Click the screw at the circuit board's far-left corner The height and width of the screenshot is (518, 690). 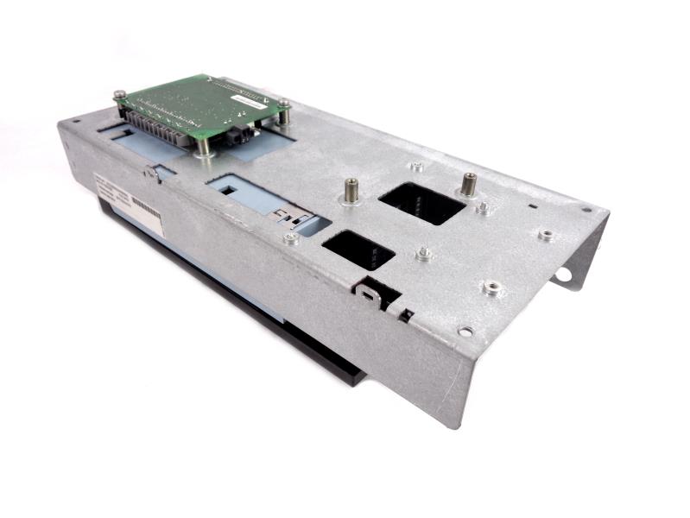[119, 94]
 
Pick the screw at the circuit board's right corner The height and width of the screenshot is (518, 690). [283, 105]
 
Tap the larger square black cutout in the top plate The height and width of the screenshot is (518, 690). [421, 203]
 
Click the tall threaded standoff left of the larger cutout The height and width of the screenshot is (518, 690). [351, 189]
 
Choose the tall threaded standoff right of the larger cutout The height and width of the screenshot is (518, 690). [468, 184]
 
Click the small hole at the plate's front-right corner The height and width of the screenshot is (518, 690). [465, 331]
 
